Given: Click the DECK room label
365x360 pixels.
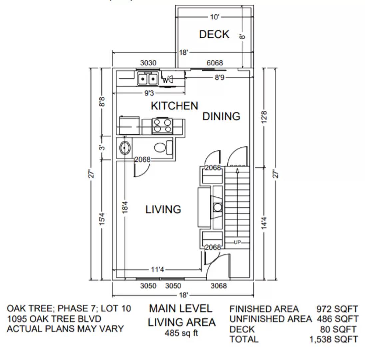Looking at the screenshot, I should pos(214,34).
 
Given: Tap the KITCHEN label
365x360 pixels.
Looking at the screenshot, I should pos(174,106).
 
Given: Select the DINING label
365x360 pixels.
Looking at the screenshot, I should pos(221,116).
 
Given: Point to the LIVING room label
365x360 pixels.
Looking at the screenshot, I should pos(163,209).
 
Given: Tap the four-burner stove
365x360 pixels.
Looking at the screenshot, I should pos(162,126).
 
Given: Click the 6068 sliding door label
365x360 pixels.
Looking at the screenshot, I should pos(215,63).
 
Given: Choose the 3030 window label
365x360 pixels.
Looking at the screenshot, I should pos(148,63).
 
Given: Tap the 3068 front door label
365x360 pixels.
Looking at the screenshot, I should pos(219,286).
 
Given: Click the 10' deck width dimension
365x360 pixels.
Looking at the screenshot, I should pos(215,17).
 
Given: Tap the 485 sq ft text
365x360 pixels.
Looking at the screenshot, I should pos(182,333).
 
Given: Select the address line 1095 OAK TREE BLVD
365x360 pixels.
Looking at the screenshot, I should pos(54,319).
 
